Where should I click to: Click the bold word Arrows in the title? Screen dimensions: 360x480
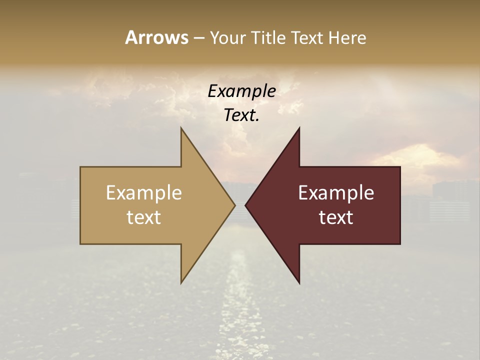[156, 37]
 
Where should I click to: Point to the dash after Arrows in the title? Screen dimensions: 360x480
[198, 38]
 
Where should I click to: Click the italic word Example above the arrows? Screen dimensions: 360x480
[241, 91]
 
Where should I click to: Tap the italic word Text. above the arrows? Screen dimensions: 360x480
[241, 115]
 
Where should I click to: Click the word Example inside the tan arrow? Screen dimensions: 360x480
[144, 193]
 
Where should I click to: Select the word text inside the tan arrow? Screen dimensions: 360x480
[144, 217]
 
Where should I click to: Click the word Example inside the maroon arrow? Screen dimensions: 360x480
[336, 193]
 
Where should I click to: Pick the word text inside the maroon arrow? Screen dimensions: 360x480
[336, 217]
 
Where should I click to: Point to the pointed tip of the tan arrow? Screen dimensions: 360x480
[235, 205]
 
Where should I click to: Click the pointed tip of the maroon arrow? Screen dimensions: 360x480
[245, 205]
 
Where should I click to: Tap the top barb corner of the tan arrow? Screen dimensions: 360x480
[181, 128]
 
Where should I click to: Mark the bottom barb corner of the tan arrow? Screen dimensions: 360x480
[181, 283]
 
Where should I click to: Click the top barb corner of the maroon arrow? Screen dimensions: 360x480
[299, 128]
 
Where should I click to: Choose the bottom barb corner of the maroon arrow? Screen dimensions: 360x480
[299, 283]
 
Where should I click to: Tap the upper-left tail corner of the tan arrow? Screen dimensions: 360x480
[81, 167]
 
